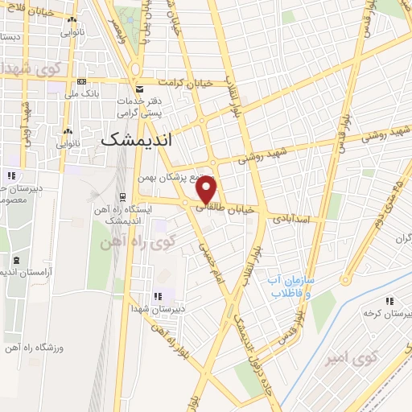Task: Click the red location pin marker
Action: pyautogui.click(x=207, y=190)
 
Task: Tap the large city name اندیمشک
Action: pyautogui.click(x=133, y=138)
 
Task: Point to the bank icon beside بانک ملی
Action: pyautogui.click(x=81, y=82)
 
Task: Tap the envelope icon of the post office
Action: pyautogui.click(x=140, y=89)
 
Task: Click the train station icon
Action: pyautogui.click(x=122, y=196)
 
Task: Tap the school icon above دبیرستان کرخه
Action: pyautogui.click(x=389, y=301)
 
